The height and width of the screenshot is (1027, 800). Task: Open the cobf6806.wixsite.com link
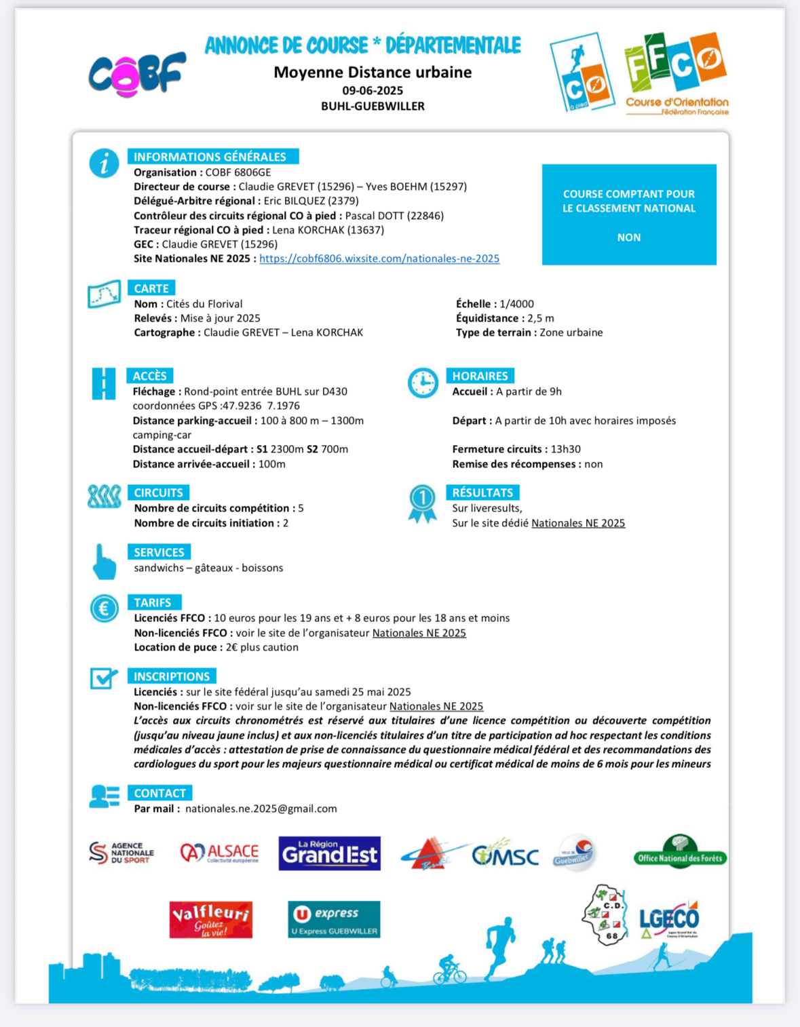click(x=379, y=258)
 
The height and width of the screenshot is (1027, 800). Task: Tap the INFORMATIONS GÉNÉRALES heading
click(x=210, y=157)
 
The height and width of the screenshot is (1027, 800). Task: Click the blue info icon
click(x=104, y=163)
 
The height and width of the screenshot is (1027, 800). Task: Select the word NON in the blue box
click(x=629, y=237)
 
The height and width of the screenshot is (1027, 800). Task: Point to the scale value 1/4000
click(x=516, y=304)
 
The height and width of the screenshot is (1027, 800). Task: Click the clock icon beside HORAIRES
click(x=423, y=383)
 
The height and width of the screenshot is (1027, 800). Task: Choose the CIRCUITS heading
click(x=158, y=492)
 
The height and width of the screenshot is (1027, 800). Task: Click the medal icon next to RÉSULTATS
click(x=422, y=503)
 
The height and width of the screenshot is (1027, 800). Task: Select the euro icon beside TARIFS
click(x=104, y=608)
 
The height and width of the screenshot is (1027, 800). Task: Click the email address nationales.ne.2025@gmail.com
click(x=261, y=809)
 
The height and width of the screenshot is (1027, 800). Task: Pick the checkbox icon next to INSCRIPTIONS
click(x=104, y=678)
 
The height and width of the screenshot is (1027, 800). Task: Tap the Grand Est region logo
click(x=329, y=853)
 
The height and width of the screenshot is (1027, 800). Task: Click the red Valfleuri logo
click(x=210, y=919)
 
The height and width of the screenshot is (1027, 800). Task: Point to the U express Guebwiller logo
click(x=334, y=919)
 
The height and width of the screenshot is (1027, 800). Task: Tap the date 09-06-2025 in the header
click(x=373, y=90)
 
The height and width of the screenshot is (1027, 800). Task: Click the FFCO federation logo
click(x=676, y=73)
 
